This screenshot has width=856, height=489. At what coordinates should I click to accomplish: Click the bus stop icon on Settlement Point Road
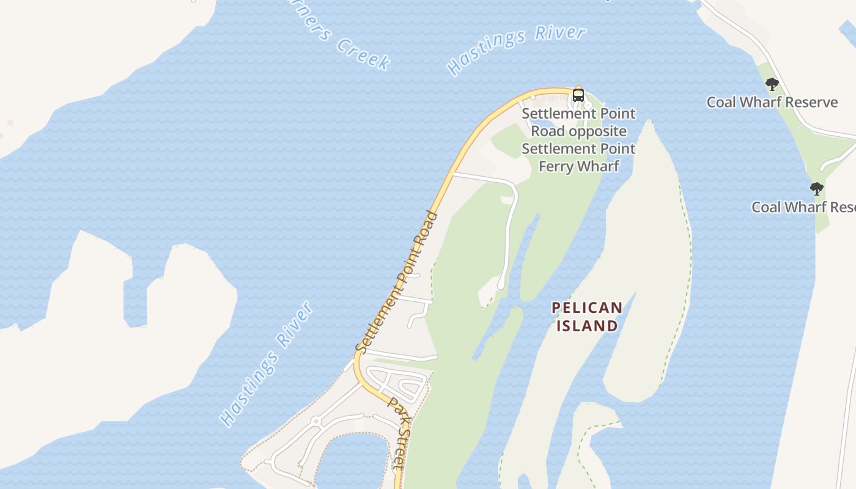pos(578,95)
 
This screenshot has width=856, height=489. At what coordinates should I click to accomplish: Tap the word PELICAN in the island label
pos(587,308)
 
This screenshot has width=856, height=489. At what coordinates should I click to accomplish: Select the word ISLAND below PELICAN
pos(587,326)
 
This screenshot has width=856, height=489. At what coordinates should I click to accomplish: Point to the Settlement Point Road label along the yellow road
pos(397,282)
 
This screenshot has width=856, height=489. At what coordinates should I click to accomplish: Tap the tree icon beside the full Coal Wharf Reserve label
pos(772,84)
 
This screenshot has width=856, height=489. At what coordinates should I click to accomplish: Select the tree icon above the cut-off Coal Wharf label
pos(816,189)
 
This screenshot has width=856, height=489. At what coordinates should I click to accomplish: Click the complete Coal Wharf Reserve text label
pos(772,102)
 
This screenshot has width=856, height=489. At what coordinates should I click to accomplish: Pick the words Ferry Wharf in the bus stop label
pos(578,166)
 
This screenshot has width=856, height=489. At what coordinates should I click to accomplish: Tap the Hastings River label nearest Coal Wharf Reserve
pos(517,49)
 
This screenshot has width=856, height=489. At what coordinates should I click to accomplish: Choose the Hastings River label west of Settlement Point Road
pos(267,364)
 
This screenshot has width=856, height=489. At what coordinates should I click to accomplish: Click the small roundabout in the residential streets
pos(316,422)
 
